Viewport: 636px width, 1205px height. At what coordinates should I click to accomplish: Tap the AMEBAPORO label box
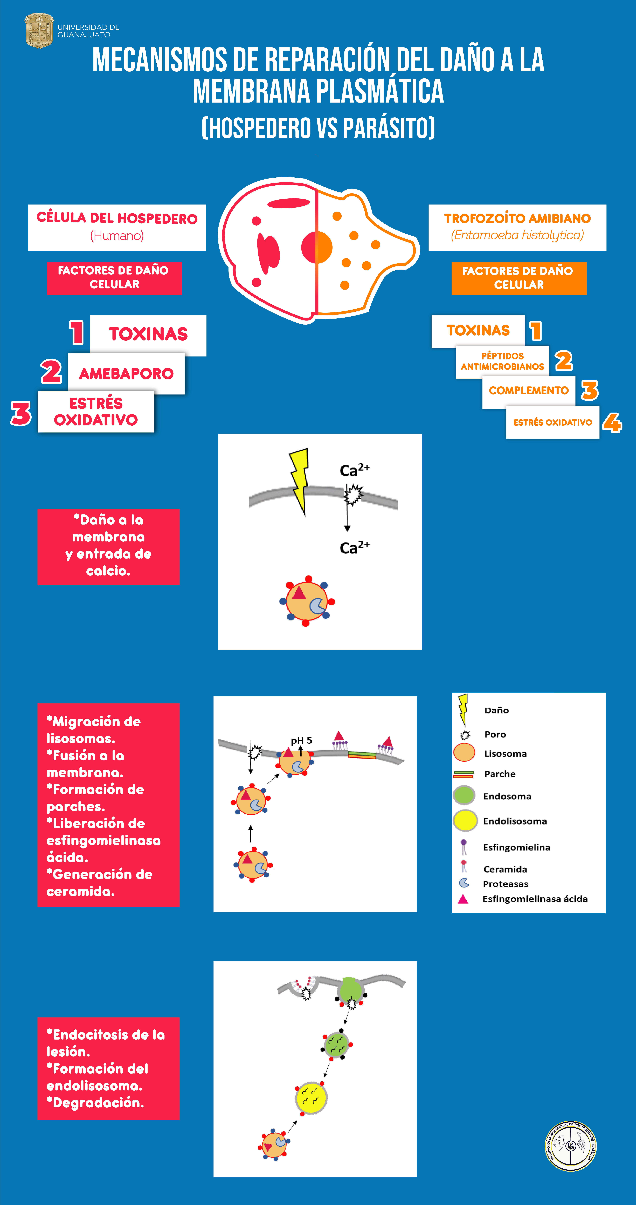point(126,373)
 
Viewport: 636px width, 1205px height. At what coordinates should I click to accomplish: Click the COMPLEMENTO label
point(528,391)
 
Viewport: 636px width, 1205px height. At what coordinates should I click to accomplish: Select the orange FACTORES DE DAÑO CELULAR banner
point(519,278)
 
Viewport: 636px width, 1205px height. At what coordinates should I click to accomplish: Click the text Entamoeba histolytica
point(517,235)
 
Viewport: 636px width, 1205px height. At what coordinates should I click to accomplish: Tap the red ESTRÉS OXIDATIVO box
point(96,412)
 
